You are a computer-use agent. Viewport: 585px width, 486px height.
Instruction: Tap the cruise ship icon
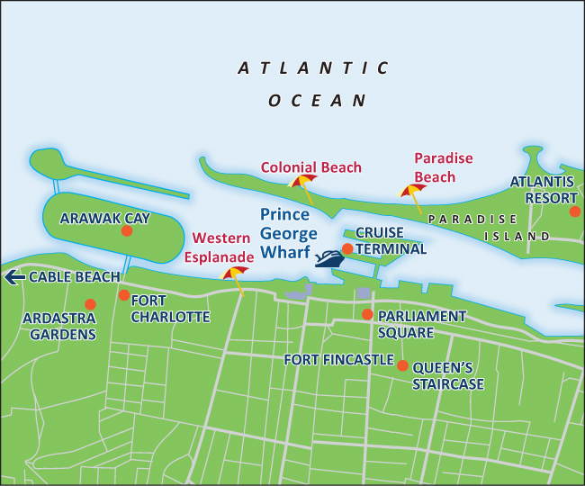tap(329, 258)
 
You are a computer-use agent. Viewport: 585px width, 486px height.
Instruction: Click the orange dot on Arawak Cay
tap(127, 231)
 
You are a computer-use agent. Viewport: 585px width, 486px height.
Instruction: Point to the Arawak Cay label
tap(104, 218)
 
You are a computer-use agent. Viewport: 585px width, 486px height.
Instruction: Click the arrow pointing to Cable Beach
tap(14, 277)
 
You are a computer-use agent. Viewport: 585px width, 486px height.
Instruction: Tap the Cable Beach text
tap(74, 277)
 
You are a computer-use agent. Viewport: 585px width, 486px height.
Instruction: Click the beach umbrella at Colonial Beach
tap(302, 184)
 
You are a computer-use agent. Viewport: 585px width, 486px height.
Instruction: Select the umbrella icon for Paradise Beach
tap(413, 193)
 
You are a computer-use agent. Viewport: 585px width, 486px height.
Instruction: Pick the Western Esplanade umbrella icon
tap(236, 274)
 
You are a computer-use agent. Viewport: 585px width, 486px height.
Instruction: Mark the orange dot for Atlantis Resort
tap(575, 211)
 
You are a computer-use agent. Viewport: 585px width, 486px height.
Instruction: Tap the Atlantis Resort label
tap(543, 189)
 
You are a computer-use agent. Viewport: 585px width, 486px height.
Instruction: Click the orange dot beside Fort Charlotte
tap(123, 294)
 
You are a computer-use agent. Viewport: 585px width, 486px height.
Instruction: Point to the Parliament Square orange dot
tap(367, 314)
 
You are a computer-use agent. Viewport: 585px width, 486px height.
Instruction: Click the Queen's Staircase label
tap(448, 376)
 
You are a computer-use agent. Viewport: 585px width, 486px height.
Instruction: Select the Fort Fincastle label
tap(338, 360)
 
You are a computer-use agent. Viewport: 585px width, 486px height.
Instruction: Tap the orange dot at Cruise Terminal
tap(347, 248)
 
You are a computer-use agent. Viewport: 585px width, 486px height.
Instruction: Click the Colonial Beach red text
tap(310, 167)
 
